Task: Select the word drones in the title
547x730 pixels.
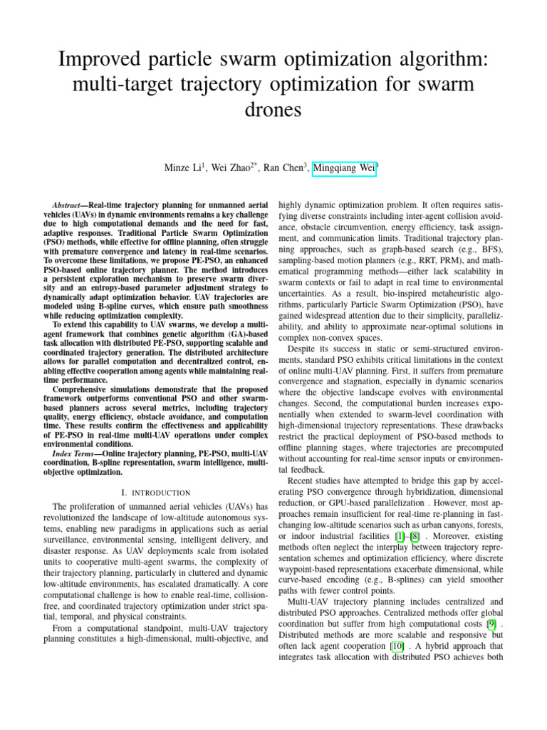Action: (x=273, y=110)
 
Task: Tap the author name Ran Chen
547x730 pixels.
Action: (x=283, y=168)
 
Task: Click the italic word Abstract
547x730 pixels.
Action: (x=70, y=204)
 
